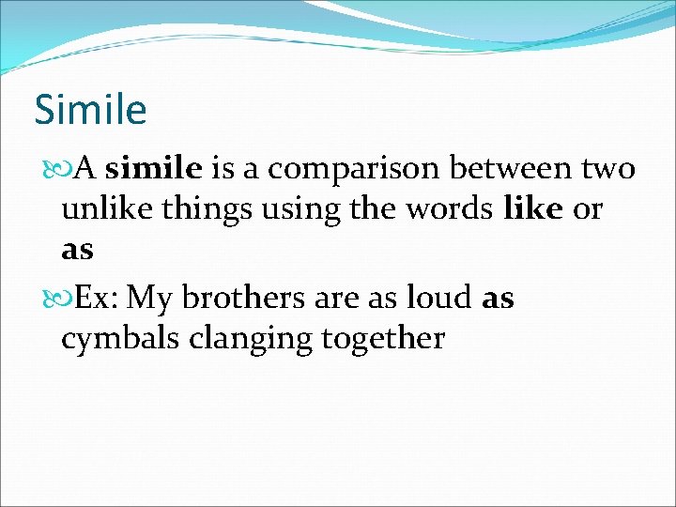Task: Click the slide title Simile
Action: (90, 110)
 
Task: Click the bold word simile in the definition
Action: (154, 169)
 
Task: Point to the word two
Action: (608, 170)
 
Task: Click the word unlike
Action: (103, 209)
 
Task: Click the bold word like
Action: (533, 209)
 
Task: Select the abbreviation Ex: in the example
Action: (97, 298)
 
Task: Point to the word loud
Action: (439, 298)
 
